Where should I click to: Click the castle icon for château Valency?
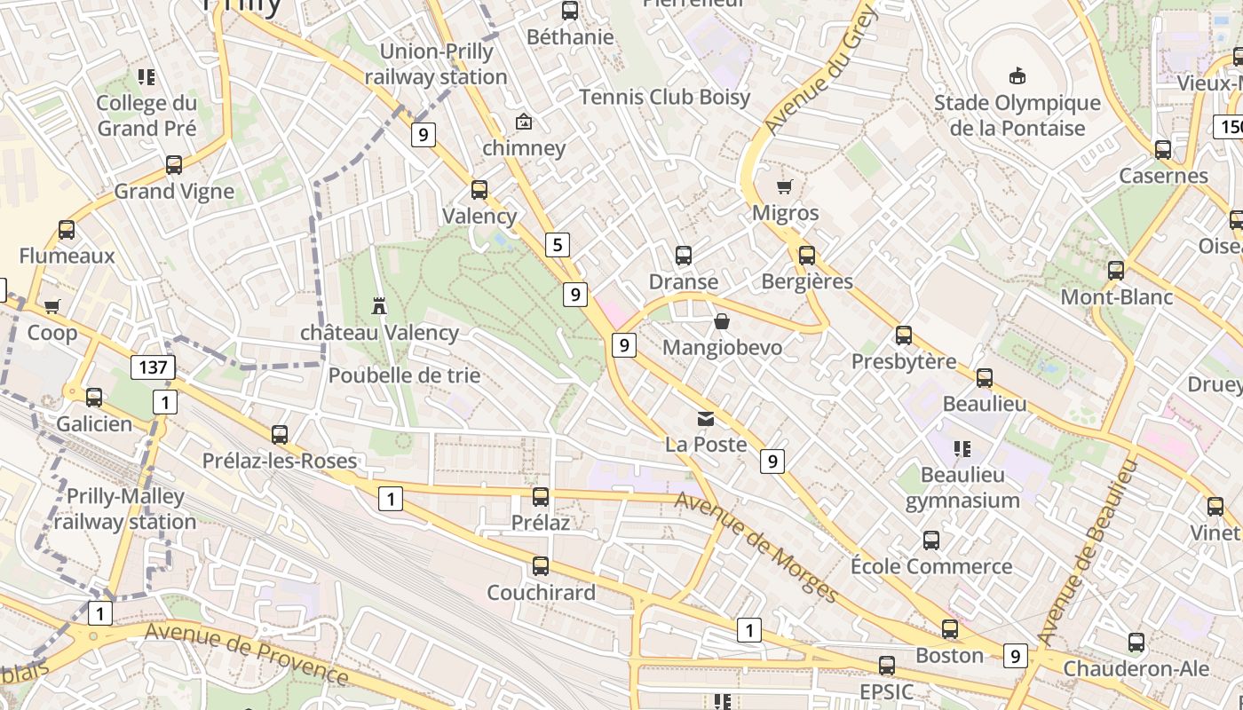pos(379,306)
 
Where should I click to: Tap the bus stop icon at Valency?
pos(479,189)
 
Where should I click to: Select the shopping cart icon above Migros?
pos(784,186)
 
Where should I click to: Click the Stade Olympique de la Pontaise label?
pos(1017,115)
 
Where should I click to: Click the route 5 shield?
pos(557,245)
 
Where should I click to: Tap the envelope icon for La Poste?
pos(706,418)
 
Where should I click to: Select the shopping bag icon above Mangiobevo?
pos(722,321)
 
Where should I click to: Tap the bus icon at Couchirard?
pos(541,565)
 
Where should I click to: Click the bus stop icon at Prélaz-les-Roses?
pos(280,434)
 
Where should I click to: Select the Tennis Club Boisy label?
pos(664,97)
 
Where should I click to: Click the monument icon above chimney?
pos(524,122)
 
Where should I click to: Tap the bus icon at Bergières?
pos(806,256)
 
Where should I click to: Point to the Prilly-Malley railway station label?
pos(125,509)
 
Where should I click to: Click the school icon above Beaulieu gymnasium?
pos(962,449)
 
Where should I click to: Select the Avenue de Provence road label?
pos(247,653)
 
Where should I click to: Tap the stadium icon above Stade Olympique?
pos(1017,76)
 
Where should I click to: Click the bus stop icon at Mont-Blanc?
pos(1116,271)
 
